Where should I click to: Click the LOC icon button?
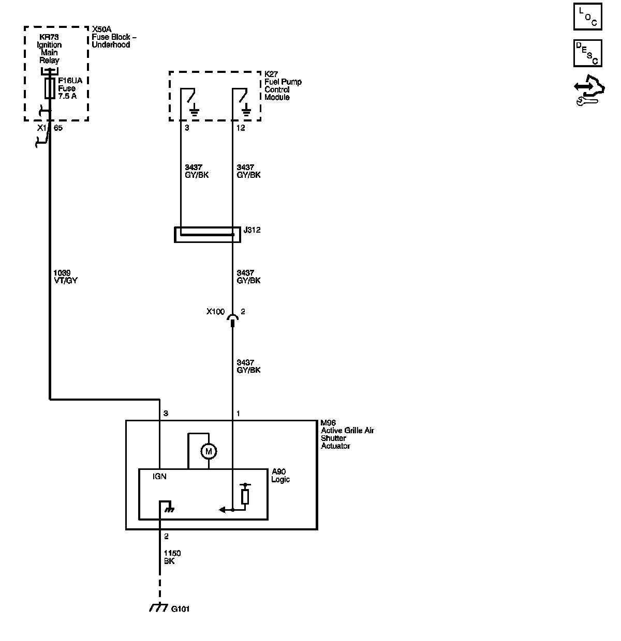tap(587, 16)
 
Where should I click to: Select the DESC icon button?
tap(587, 53)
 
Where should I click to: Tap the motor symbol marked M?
tap(209, 452)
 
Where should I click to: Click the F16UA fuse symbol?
tap(50, 88)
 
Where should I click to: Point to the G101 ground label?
tap(180, 609)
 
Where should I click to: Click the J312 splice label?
tap(252, 230)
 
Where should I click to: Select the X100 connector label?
tap(215, 312)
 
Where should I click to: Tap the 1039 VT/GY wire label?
tap(65, 277)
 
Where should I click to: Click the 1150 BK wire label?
tap(172, 557)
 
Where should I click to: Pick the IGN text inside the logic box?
tap(159, 476)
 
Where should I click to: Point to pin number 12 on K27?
tap(241, 128)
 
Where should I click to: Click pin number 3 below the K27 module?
tap(187, 128)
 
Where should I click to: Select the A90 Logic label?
tap(280, 476)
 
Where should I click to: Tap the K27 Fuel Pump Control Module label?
tap(283, 86)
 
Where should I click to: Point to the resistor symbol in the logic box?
tap(245, 496)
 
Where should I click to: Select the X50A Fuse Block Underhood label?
tap(111, 37)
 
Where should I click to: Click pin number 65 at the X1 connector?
tap(58, 128)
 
